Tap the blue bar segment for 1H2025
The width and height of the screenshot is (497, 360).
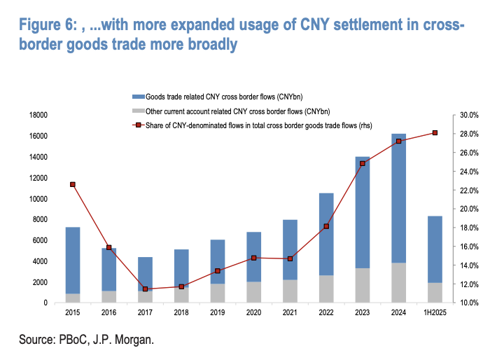[x=435, y=249]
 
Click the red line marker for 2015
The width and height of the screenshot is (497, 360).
[x=73, y=184]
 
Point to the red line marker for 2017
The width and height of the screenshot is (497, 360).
[x=145, y=289]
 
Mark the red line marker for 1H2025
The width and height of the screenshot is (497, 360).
[x=435, y=133]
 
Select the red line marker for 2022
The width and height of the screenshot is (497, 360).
[x=326, y=226]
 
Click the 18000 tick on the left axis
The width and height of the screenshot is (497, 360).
[x=37, y=115]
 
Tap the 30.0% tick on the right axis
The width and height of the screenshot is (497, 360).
[x=469, y=115]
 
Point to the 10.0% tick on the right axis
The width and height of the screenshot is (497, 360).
[x=469, y=303]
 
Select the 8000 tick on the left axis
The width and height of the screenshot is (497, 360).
[x=38, y=219]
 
